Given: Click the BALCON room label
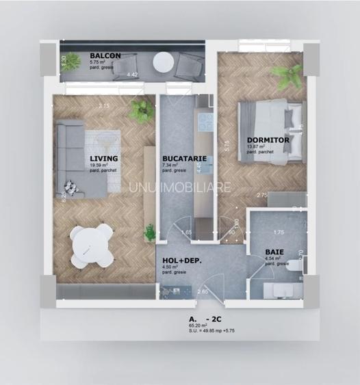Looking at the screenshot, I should pyautogui.click(x=105, y=55).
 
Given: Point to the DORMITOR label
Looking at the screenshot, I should pyautogui.click(x=268, y=140).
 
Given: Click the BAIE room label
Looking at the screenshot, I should pyautogui.click(x=274, y=252).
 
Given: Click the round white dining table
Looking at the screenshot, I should pyautogui.click(x=92, y=243).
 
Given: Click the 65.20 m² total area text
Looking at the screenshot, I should pyautogui.click(x=198, y=326).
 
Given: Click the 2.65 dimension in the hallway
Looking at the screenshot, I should pyautogui.click(x=203, y=293).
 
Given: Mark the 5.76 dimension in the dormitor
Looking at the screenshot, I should pyautogui.click(x=227, y=144).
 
